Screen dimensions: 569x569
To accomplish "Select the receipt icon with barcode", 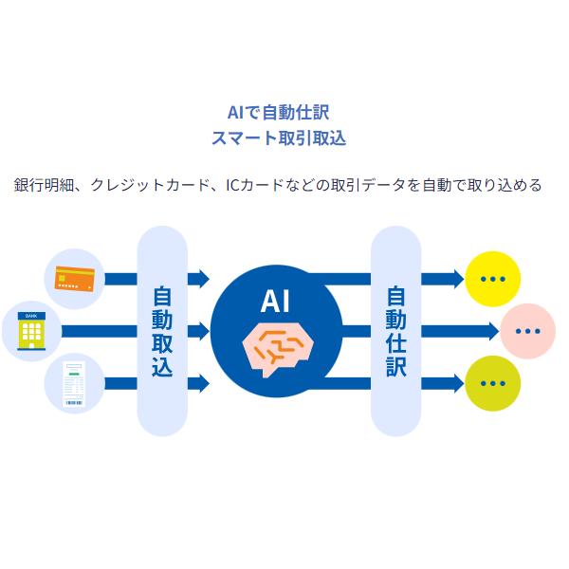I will (73, 385).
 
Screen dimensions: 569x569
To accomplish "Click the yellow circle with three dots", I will (493, 279).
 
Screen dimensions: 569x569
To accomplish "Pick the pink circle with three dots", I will (527, 331).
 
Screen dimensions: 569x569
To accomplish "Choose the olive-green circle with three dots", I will (493, 384).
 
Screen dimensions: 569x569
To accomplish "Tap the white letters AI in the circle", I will (274, 303).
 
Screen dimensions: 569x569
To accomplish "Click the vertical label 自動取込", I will (162, 332).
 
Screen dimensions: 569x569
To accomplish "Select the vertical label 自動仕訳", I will (395, 331).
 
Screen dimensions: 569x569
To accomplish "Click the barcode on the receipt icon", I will (73, 403).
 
